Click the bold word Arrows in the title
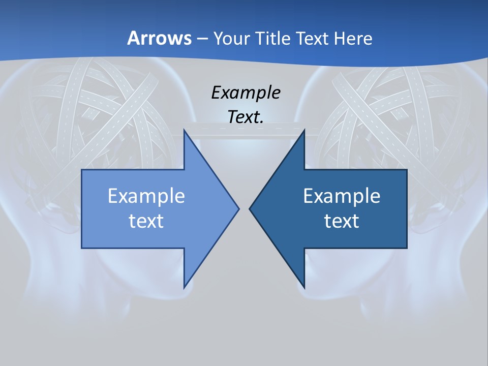tap(159, 38)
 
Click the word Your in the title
tap(231, 38)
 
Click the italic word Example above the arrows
tap(246, 93)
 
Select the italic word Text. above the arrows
tap(246, 117)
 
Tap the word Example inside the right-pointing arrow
tap(146, 196)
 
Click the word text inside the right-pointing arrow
tap(146, 221)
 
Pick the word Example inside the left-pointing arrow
tap(342, 196)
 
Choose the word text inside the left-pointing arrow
tap(342, 221)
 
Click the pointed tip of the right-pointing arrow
tap(238, 208)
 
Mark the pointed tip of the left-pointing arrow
tap(250, 208)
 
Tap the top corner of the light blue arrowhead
tap(184, 130)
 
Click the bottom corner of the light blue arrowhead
tap(184, 287)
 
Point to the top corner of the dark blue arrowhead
tap(304, 130)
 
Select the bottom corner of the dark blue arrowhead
tap(304, 287)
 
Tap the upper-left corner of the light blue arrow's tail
tap(82, 170)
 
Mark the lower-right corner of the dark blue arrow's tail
tap(407, 248)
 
